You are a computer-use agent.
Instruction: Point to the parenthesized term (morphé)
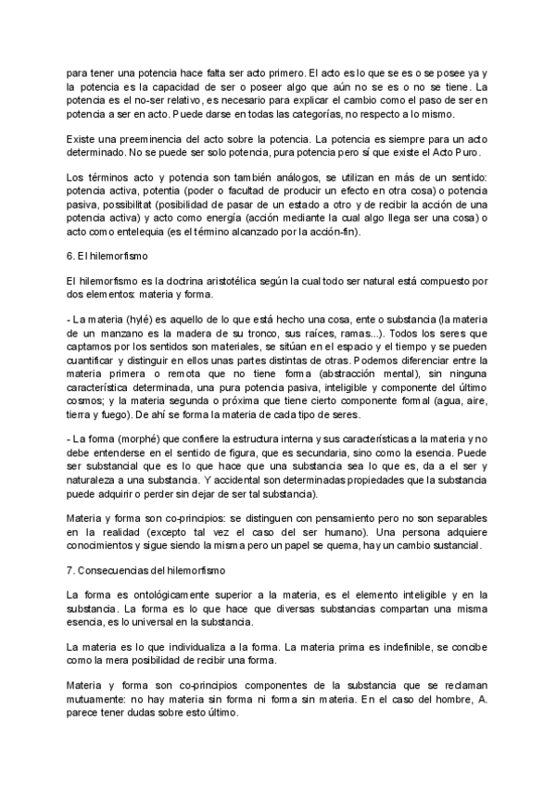[131, 425]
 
